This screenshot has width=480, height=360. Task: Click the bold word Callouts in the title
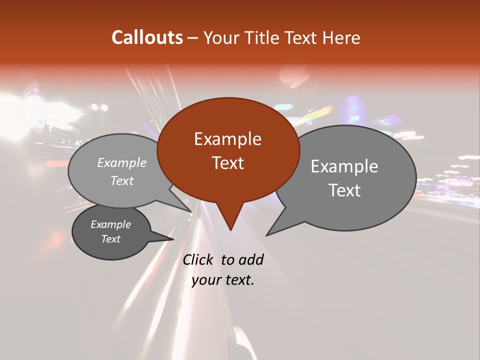coord(147,37)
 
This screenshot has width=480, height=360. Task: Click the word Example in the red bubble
coord(227,139)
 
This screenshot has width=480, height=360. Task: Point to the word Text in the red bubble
coord(227,162)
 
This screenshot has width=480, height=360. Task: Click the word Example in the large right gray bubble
coord(344,166)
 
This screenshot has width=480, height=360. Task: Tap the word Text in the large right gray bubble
coord(344,190)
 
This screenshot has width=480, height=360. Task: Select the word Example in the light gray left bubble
coord(122,162)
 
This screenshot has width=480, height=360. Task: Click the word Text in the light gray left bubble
coord(122,180)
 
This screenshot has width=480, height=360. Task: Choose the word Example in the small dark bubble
coord(110,224)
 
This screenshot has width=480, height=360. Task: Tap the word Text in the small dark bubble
coord(110,239)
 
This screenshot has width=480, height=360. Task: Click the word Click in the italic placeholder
coord(197,259)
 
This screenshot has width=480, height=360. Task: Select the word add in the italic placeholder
coord(251,259)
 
